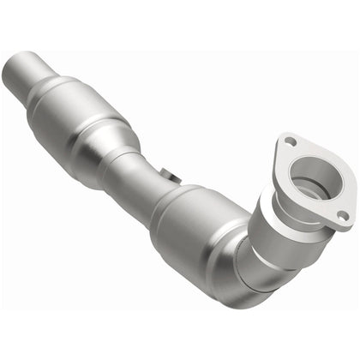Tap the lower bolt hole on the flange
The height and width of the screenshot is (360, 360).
(342, 214)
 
